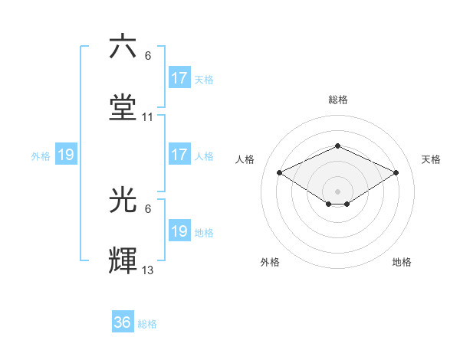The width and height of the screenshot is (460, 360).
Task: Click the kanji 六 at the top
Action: coord(123,47)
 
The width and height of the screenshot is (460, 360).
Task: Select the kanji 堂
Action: coord(123,108)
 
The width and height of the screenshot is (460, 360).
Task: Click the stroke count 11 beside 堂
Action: coord(148,117)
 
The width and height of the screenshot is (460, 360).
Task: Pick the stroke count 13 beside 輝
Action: coord(148,270)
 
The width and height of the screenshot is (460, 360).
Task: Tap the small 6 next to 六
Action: coord(148,56)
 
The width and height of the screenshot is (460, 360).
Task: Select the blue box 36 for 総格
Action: coord(123,322)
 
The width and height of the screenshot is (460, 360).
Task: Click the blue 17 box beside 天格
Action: coord(179,78)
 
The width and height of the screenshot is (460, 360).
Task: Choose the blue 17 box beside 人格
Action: coord(179,155)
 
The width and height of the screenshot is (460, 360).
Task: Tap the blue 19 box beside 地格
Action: coord(179,231)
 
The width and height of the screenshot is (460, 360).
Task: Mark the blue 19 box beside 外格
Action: coord(66,155)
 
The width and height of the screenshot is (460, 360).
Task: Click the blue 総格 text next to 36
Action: coord(147,324)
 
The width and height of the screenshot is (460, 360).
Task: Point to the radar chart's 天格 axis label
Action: coord(431,159)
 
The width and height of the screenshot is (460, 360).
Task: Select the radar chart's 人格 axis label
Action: coord(245,159)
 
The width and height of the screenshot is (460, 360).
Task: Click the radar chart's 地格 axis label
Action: coord(402,262)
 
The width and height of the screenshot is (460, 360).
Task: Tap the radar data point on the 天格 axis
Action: coord(396,172)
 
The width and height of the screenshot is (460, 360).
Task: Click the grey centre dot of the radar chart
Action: coord(337,191)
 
